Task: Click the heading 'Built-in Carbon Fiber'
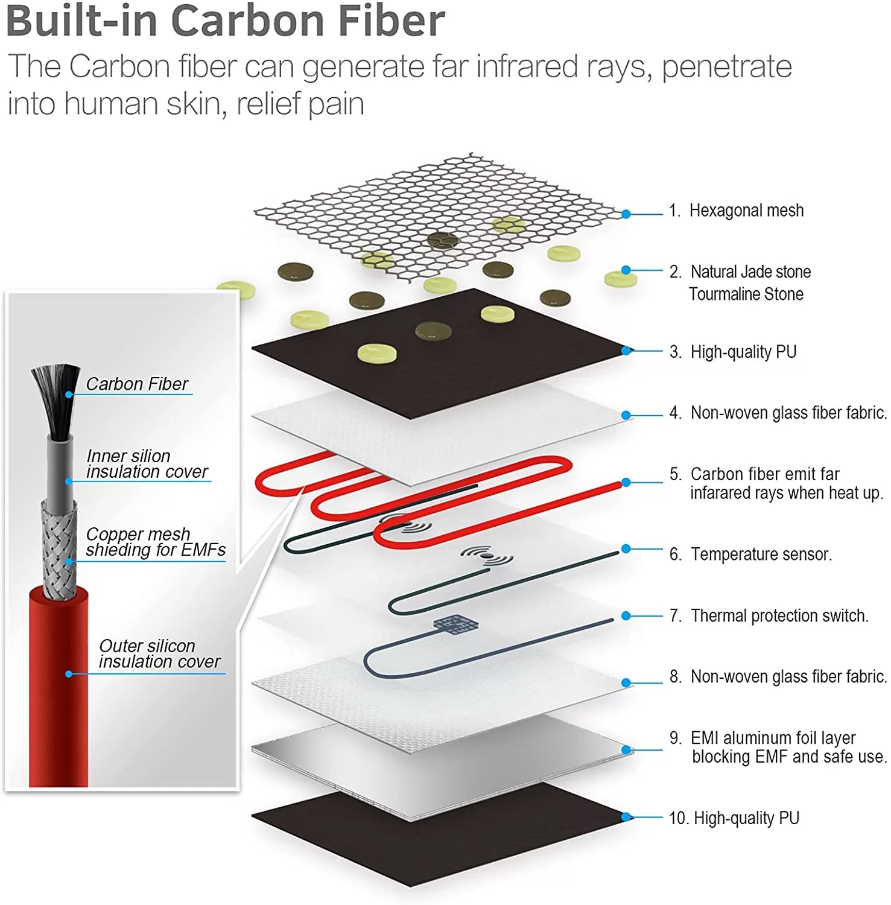click(225, 21)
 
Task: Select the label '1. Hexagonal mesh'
click(737, 211)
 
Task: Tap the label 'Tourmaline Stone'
click(746, 294)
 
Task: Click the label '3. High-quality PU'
click(733, 352)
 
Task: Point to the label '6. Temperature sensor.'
click(750, 554)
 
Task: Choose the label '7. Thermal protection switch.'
click(769, 615)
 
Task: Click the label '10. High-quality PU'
click(734, 818)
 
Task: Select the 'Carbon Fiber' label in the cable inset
click(137, 384)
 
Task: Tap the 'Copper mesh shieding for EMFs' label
click(156, 542)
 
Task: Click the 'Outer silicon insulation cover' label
click(159, 653)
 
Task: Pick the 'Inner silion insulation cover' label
click(147, 463)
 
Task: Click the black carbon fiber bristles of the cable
click(56, 398)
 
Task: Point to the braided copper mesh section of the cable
click(60, 548)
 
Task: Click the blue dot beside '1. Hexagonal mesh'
click(626, 214)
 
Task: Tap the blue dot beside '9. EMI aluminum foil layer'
click(626, 750)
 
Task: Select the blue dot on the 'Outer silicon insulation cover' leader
click(69, 674)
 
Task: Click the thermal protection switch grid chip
click(456, 624)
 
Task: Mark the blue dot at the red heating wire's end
click(626, 483)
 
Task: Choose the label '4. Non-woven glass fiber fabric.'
click(778, 413)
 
